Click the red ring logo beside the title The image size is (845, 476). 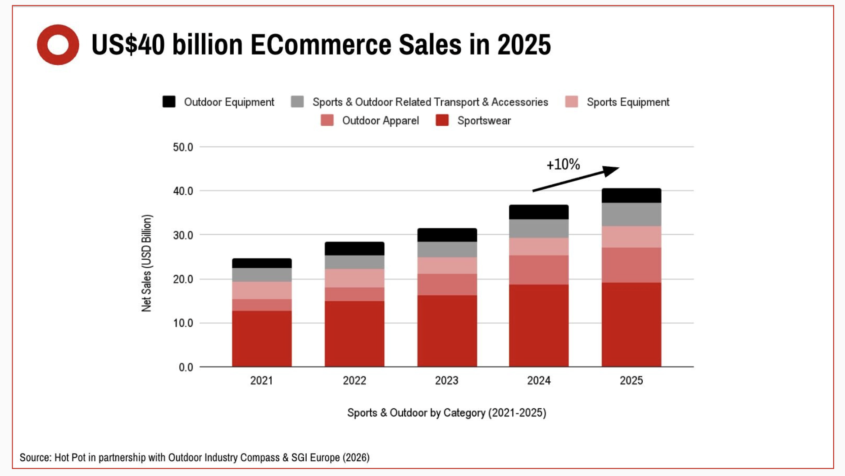58,45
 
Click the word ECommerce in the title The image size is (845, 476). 321,45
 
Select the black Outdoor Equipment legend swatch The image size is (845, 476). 169,102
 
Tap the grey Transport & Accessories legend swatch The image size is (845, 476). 297,102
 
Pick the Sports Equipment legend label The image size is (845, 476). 627,102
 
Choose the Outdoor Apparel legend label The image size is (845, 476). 380,121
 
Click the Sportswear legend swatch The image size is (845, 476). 442,120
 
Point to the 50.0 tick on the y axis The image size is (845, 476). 183,147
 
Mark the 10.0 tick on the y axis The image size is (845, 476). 183,323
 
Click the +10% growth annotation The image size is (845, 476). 563,165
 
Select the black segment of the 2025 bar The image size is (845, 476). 631,196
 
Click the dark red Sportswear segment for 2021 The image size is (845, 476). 262,338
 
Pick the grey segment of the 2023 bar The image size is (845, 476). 447,249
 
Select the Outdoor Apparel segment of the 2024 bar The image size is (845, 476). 539,270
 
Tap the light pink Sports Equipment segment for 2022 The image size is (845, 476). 354,278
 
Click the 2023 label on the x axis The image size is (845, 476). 446,381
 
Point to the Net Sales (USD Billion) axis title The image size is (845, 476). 146,263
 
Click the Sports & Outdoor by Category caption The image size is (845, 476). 446,413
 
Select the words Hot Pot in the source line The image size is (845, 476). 70,458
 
